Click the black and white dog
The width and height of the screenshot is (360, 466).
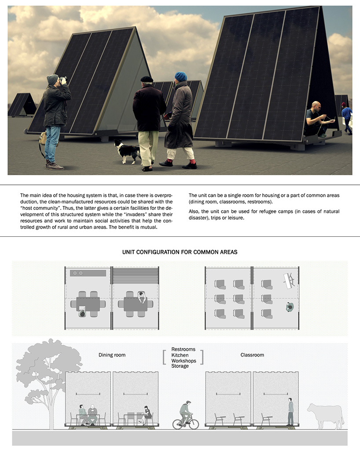pos(128,151)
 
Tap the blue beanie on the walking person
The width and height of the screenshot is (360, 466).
pos(180,77)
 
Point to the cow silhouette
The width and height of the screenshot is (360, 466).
pos(326,415)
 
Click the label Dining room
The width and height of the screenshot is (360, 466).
pos(112,355)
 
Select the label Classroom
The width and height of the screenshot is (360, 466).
pos(252,355)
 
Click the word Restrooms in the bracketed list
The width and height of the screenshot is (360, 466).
pos(183,349)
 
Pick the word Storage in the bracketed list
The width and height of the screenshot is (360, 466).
pos(180,366)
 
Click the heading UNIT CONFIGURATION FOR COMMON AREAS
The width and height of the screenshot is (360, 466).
pos(180,252)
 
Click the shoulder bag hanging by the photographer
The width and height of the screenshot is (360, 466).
pos(43,139)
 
